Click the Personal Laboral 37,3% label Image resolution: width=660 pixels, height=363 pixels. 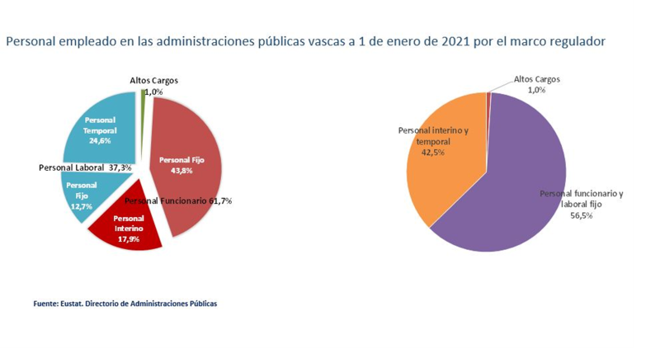point(85,167)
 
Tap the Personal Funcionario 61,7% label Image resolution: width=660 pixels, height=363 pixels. point(178,200)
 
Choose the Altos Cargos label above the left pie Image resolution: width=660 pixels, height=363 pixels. point(153,80)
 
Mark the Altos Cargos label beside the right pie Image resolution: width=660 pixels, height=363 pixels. point(537,79)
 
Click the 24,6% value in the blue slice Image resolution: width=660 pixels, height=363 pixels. point(99,141)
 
